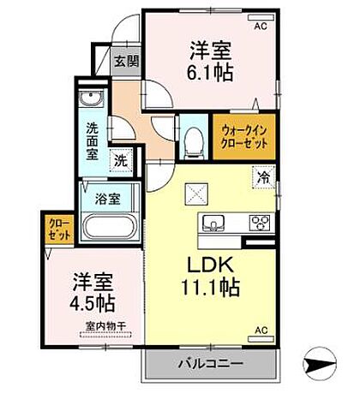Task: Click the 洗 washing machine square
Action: point(122,160)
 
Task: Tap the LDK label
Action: point(207,265)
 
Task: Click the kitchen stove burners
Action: point(258,223)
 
